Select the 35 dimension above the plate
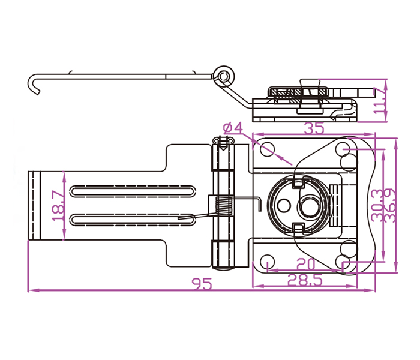(x=314, y=128)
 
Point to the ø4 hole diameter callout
(x=232, y=128)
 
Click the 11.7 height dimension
(x=379, y=100)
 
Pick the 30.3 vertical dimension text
(x=377, y=206)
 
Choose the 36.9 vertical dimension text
(x=389, y=206)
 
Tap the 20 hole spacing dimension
(x=305, y=263)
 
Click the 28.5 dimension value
(x=305, y=278)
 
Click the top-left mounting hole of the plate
(x=267, y=148)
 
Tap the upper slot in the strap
(x=132, y=191)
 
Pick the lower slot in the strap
(x=132, y=218)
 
